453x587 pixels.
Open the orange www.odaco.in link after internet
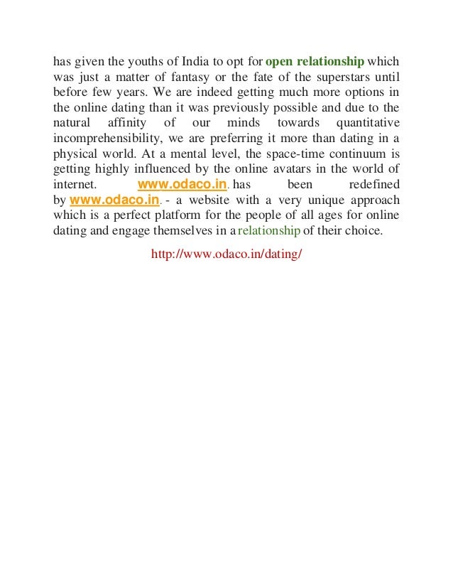[x=182, y=184]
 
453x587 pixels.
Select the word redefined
[x=374, y=184]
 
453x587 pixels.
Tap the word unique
[x=312, y=201]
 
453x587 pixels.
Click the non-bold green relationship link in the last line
[x=270, y=232]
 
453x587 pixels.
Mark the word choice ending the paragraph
[x=363, y=232]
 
